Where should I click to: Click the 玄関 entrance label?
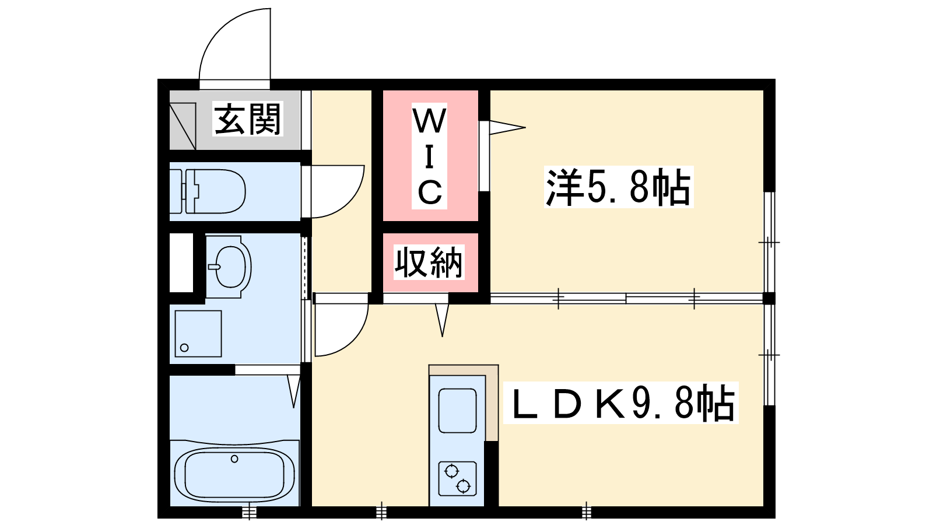click(x=248, y=119)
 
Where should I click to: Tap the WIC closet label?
click(x=429, y=156)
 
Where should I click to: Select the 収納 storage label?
click(x=429, y=262)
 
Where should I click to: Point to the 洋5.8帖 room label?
click(x=619, y=187)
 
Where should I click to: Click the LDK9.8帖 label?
click(x=620, y=402)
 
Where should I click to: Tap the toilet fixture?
click(x=208, y=191)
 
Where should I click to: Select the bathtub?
click(x=234, y=475)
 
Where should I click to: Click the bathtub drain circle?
click(x=234, y=459)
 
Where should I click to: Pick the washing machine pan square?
click(x=198, y=334)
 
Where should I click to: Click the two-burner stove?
click(x=458, y=478)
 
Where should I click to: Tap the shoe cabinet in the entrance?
click(x=183, y=126)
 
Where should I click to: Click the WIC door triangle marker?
click(x=507, y=128)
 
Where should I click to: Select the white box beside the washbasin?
click(x=181, y=262)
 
